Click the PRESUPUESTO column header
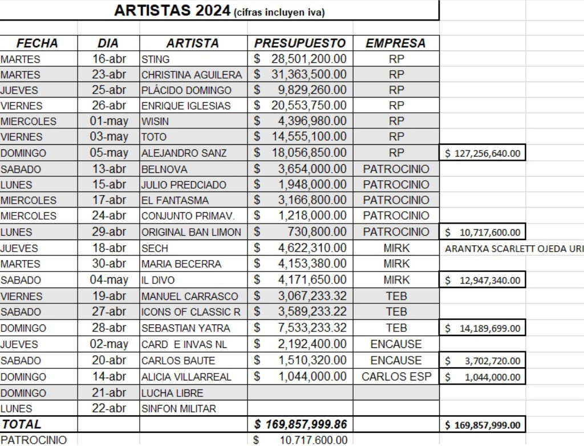coord(300,43)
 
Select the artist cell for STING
coord(156,59)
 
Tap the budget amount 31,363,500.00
coord(308,75)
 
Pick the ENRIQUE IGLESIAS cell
coord(186,106)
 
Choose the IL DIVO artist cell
coord(158,280)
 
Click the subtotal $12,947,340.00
coord(483,280)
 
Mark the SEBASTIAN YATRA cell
coord(186,328)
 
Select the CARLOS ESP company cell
coord(396,376)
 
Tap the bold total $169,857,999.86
coord(300,424)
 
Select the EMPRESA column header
coord(395,43)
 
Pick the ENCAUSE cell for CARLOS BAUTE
coord(396,360)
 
